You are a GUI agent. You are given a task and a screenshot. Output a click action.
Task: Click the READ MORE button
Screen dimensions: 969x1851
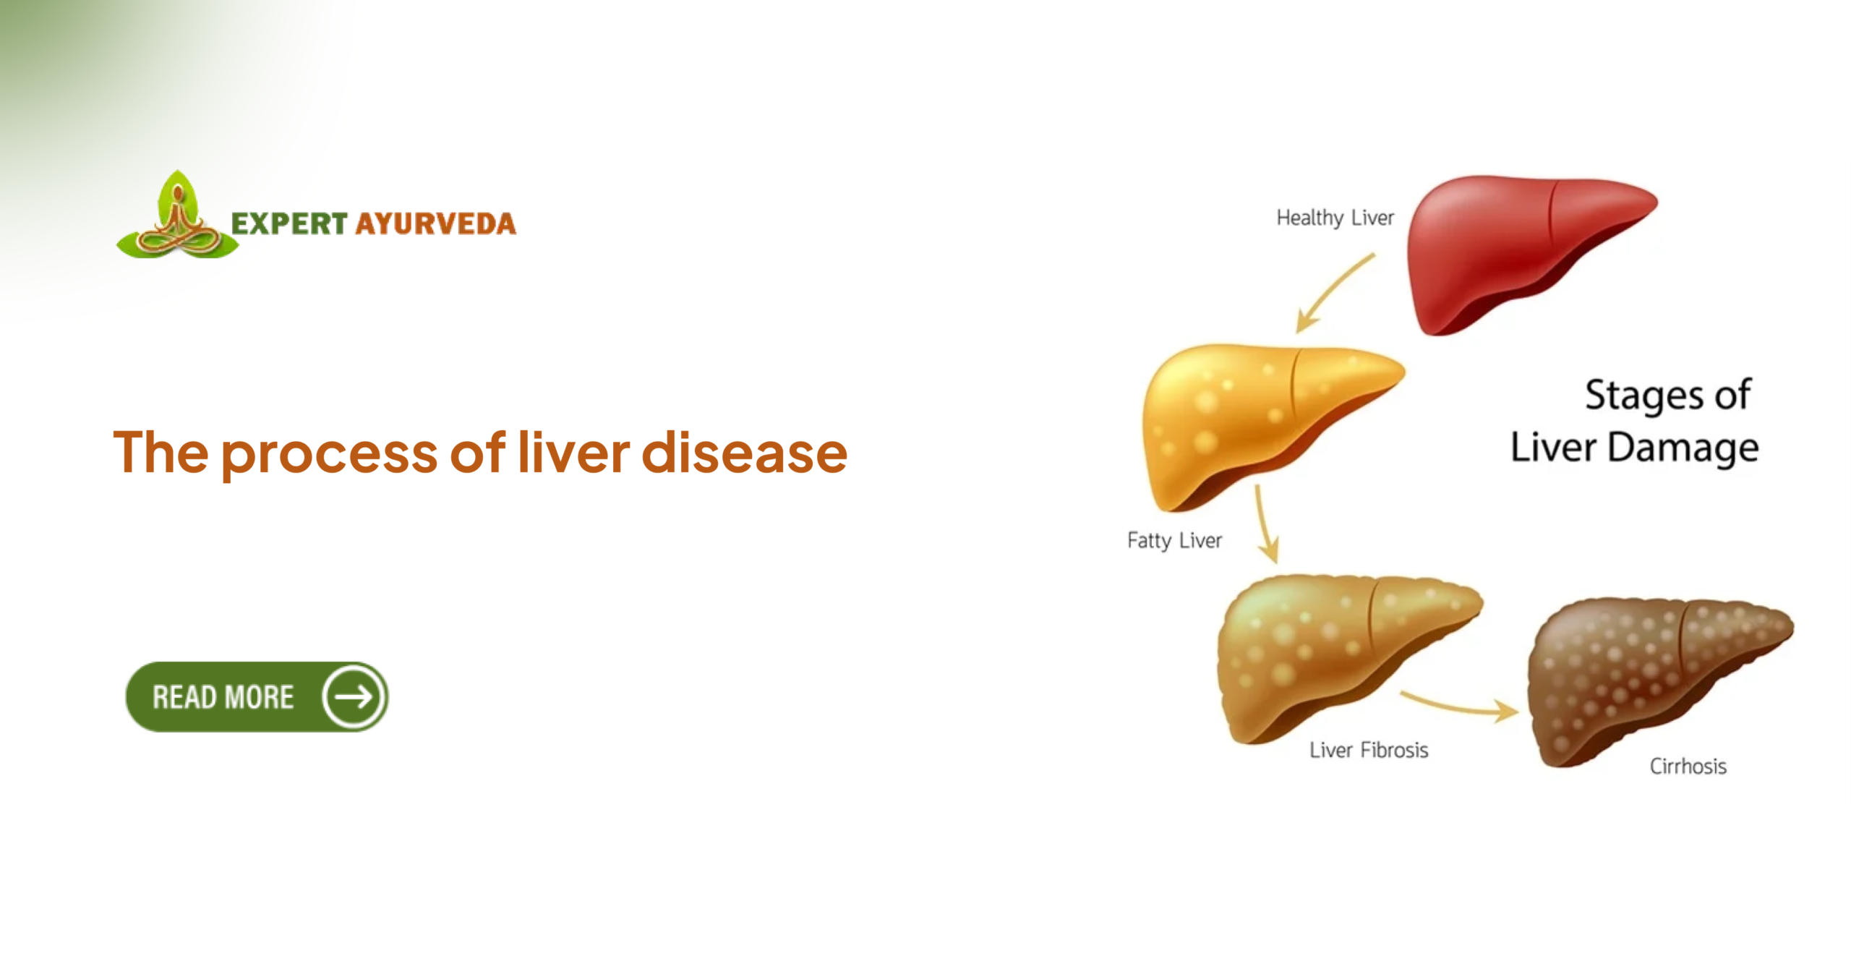pos(224,697)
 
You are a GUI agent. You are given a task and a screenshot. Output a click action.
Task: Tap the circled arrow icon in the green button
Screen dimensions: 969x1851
pos(354,697)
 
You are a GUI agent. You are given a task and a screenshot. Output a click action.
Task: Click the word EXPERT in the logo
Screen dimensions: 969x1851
pos(289,223)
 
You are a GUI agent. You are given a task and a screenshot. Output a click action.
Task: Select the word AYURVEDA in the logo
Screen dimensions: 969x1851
pos(436,223)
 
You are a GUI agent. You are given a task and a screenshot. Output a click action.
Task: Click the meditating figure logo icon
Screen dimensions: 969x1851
pos(178,217)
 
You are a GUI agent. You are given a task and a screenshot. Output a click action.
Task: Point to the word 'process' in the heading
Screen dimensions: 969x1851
pos(329,454)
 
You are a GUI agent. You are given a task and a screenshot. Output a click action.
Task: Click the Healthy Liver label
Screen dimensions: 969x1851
pos(1335,218)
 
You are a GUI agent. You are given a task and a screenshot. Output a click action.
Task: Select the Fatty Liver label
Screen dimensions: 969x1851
pos(1174,540)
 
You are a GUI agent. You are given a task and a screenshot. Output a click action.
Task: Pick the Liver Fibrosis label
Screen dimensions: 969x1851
pos(1369,750)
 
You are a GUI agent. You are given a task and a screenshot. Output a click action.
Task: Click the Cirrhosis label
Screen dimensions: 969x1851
pos(1688,767)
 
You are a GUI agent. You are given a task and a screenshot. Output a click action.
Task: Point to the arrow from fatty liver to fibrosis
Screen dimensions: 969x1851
pos(1265,524)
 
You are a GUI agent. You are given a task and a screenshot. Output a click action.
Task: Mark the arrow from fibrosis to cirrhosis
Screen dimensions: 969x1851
pos(1461,705)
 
